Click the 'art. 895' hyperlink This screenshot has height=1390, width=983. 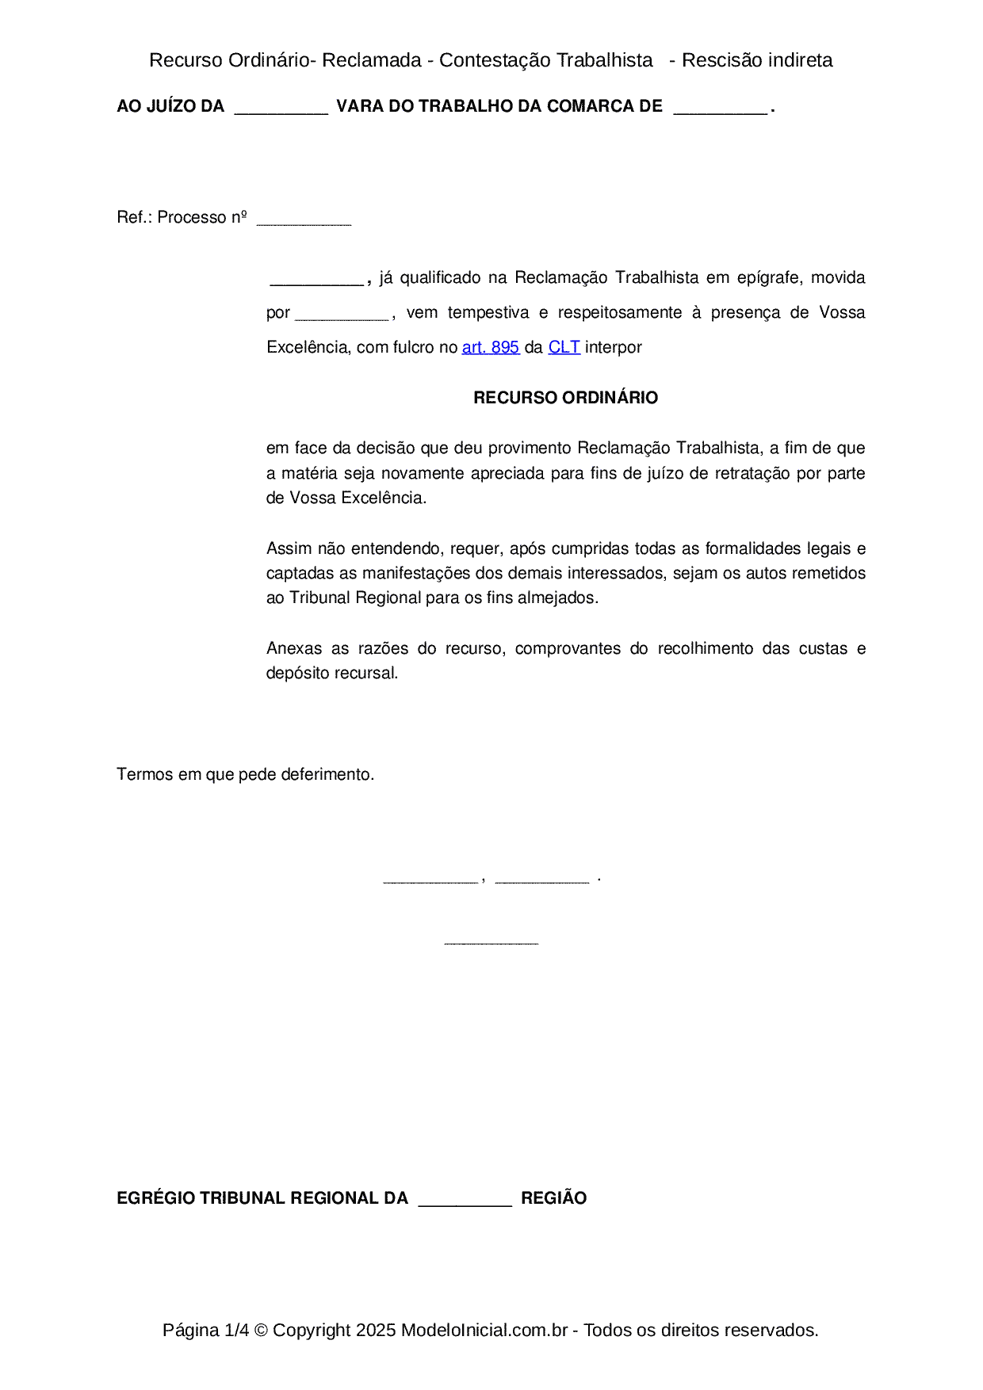click(x=490, y=347)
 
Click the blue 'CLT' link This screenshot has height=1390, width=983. click(x=564, y=347)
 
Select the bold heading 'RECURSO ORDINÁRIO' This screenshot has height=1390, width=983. click(x=565, y=398)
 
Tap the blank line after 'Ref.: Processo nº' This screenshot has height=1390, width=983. click(x=304, y=222)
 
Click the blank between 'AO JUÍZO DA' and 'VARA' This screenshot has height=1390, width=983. click(x=281, y=111)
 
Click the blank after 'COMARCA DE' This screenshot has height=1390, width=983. click(x=720, y=111)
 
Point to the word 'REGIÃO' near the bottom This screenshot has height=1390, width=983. click(x=553, y=1198)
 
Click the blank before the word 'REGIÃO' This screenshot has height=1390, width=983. click(x=465, y=1202)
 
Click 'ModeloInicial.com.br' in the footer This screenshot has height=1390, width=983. click(x=484, y=1330)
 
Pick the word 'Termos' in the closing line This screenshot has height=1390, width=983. click(x=145, y=774)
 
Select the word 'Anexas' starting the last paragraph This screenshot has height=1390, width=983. click(x=294, y=648)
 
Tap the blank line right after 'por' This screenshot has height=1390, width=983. click(x=341, y=317)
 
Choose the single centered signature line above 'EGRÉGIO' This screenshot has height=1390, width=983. click(x=491, y=942)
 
